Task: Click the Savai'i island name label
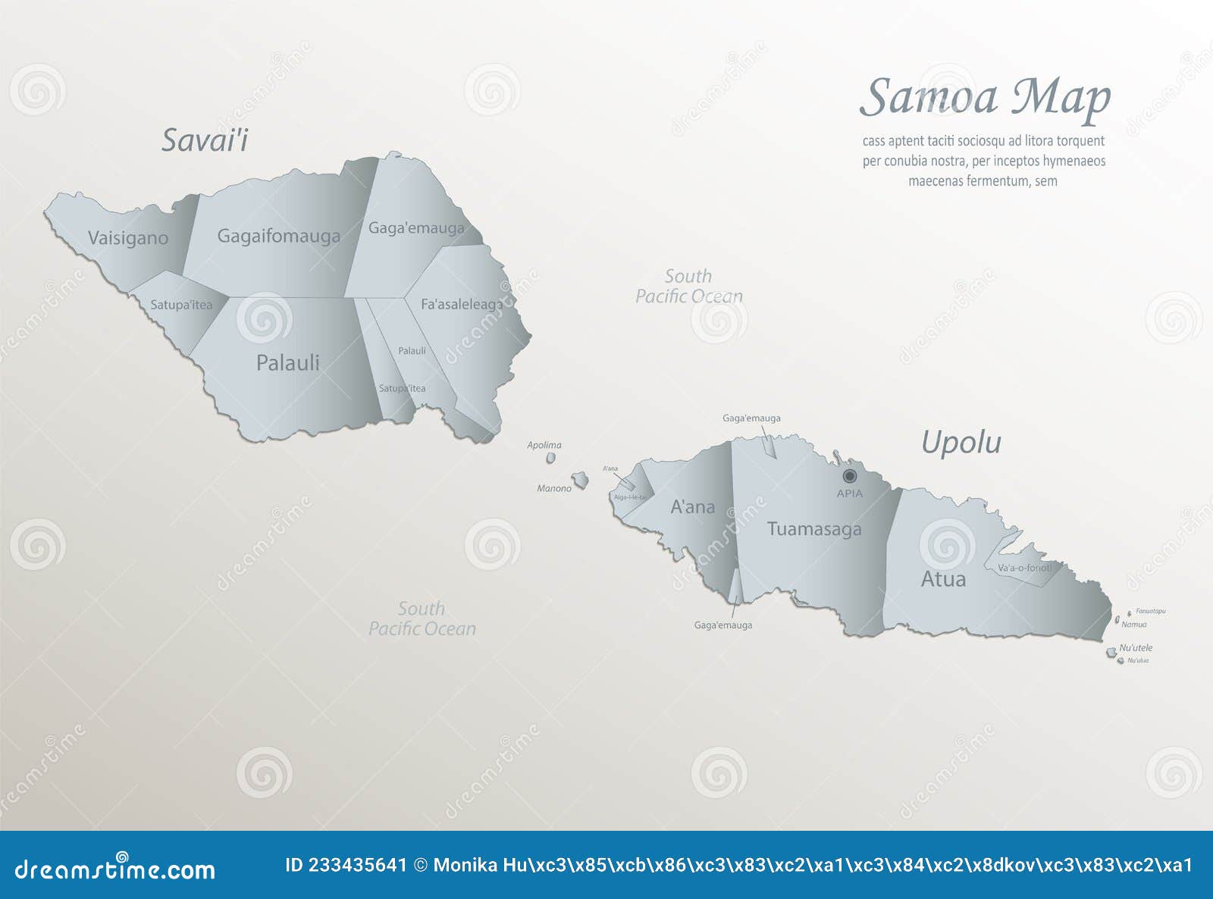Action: point(205,140)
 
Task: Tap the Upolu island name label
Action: point(961,443)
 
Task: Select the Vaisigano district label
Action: point(127,238)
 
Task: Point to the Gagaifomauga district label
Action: point(278,236)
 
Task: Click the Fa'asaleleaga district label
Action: point(461,304)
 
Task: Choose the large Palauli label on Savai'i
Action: point(287,362)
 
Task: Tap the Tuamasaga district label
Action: point(813,529)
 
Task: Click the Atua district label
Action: point(943,579)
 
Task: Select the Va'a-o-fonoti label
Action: point(1024,568)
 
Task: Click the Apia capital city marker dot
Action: point(850,476)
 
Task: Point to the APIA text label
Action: point(849,493)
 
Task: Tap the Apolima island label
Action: point(544,445)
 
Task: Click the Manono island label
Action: point(554,488)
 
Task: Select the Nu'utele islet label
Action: point(1136,647)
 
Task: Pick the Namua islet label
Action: point(1133,625)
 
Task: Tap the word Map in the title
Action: point(1061,99)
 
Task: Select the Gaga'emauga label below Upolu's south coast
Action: point(723,625)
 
